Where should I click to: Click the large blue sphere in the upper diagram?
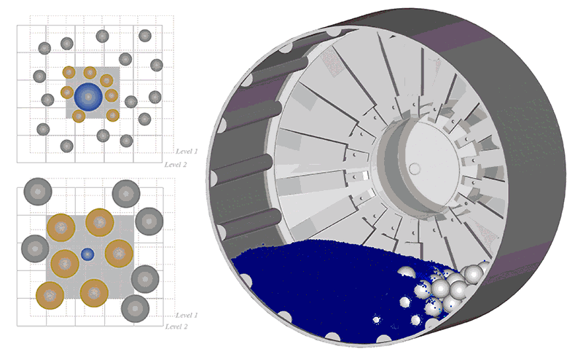coord(88,97)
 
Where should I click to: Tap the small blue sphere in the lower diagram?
coord(87,255)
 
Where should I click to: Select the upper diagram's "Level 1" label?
coord(187,152)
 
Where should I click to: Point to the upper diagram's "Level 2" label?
coord(176,165)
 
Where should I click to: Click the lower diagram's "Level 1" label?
coord(187,316)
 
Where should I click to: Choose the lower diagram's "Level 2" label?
coord(176,326)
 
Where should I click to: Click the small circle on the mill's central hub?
coord(414,168)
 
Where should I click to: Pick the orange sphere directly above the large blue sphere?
coord(90,73)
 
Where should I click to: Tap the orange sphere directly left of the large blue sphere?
coord(67,93)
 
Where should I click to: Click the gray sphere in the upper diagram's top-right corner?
coord(144,36)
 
